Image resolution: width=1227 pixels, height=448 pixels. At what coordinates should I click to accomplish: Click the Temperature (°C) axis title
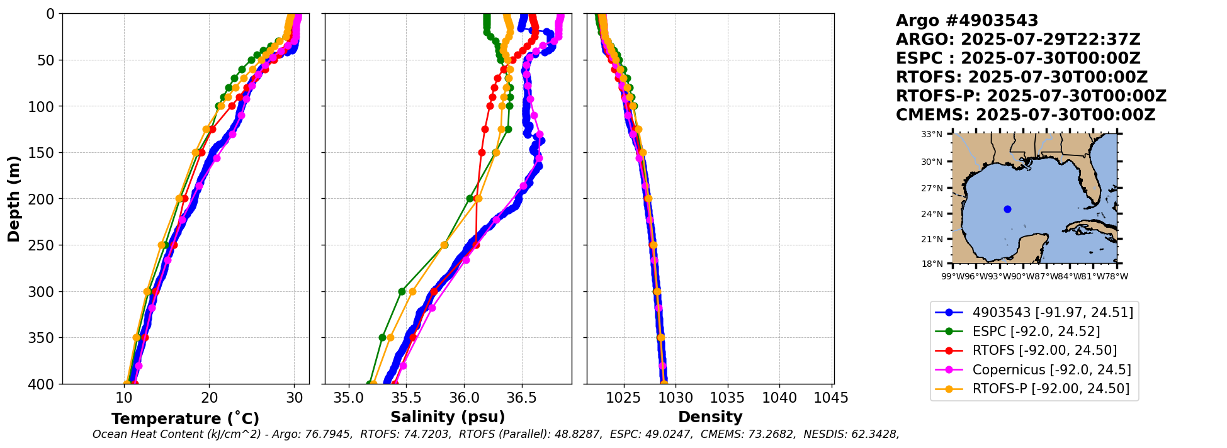pos(185,419)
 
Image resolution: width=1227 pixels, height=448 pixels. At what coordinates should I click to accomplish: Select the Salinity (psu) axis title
pos(448,417)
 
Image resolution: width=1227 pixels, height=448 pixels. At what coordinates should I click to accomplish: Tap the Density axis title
pos(710,417)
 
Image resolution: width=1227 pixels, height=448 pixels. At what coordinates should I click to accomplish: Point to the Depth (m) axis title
pos(14,199)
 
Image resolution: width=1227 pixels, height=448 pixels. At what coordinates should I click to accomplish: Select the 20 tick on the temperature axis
pos(209,398)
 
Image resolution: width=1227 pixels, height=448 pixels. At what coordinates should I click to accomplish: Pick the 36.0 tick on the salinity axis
pos(464,398)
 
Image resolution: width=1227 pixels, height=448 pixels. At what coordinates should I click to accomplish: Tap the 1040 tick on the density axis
pos(779,398)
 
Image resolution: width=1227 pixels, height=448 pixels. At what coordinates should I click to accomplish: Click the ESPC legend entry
pos(1036,332)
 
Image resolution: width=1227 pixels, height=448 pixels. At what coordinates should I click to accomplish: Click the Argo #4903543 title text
pos(967,21)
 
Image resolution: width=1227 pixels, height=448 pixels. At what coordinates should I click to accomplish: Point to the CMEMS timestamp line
pos(1026,115)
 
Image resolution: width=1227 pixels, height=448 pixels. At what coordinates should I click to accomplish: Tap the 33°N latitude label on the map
pos(932,134)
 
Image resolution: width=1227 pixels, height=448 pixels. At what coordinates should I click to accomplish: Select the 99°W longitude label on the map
pos(953,276)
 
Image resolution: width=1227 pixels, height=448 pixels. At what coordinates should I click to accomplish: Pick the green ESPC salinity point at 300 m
pos(402,291)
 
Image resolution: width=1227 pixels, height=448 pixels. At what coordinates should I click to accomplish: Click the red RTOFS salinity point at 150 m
pos(482,152)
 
